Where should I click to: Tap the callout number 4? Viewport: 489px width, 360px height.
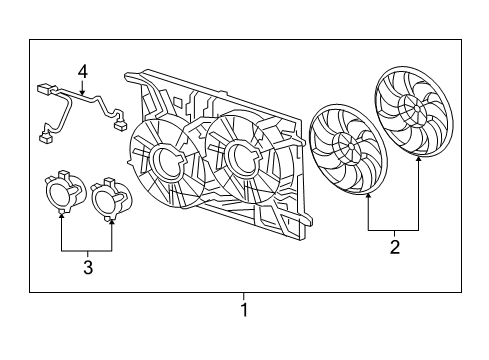pyautogui.click(x=84, y=71)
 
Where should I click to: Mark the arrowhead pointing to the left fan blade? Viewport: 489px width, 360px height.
pyautogui.click(x=369, y=195)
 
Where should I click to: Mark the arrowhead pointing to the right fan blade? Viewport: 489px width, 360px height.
pyautogui.click(x=417, y=157)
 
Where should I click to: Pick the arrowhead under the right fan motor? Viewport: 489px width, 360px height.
pyautogui.click(x=109, y=217)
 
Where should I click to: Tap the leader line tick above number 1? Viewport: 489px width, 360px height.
pyautogui.click(x=243, y=296)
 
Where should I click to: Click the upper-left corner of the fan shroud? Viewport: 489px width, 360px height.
pyautogui.click(x=128, y=74)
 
